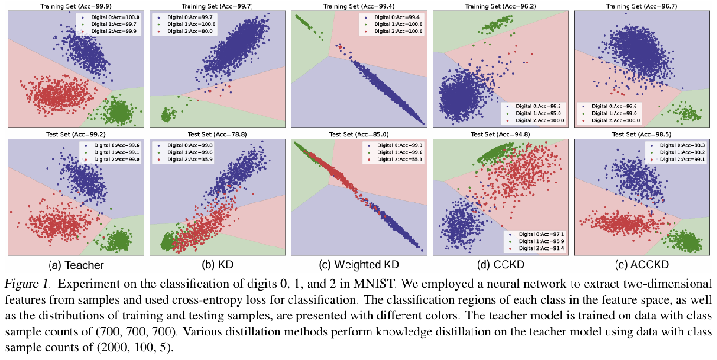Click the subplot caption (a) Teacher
click(x=76, y=265)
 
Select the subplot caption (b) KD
click(x=218, y=265)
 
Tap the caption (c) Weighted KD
click(x=359, y=265)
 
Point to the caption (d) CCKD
click(x=501, y=265)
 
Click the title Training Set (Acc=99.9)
click(x=76, y=6)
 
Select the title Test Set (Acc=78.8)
click(x=218, y=134)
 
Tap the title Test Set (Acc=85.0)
click(x=359, y=134)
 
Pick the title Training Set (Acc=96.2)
click(x=500, y=6)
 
